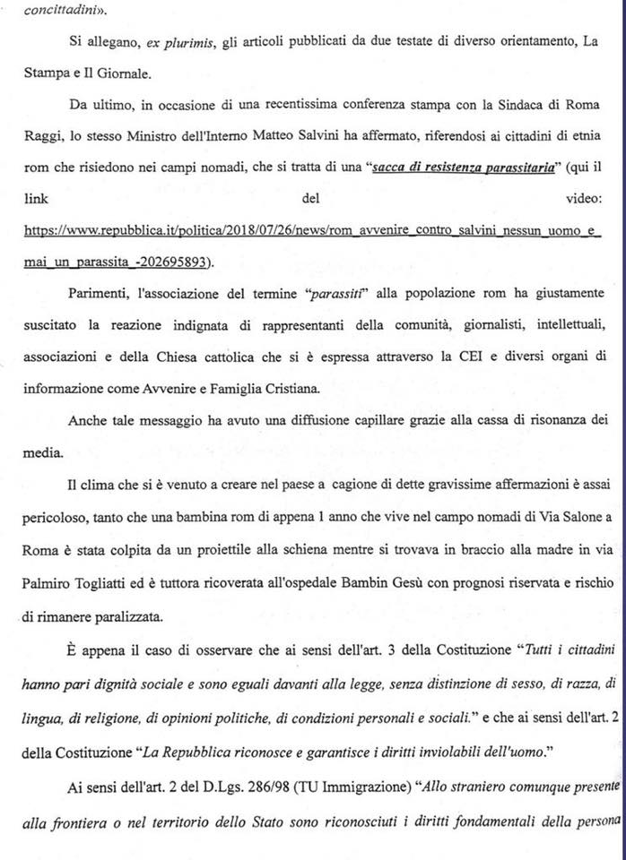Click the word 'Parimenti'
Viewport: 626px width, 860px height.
(x=105, y=294)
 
